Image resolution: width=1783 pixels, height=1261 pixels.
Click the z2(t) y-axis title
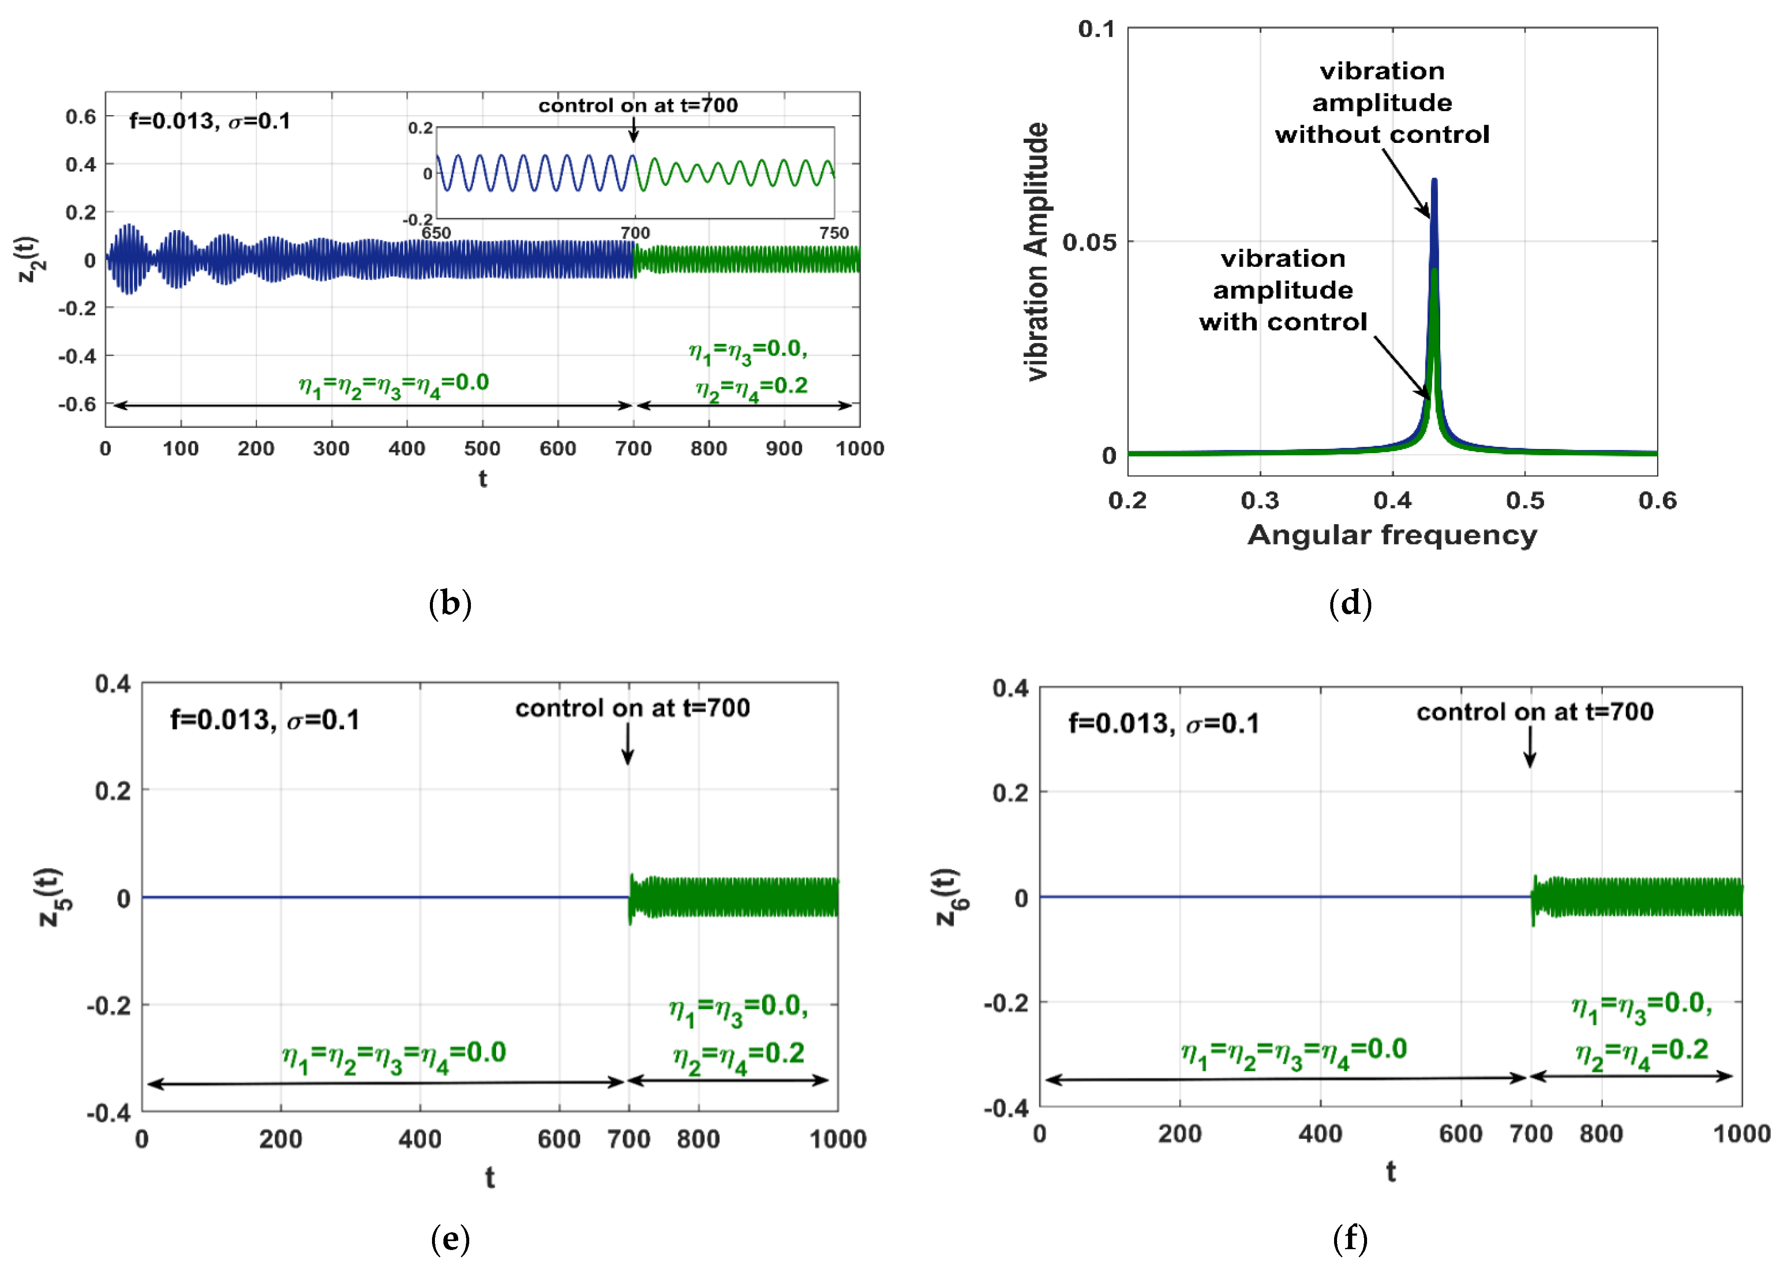coord(31,259)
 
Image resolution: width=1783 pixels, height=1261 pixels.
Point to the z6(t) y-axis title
coord(949,897)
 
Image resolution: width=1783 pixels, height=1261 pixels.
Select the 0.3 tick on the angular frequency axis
coord(1260,501)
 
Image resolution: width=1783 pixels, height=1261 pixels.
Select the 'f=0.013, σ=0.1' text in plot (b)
coord(210,121)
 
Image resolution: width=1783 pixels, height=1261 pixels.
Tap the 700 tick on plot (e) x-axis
coord(628,1139)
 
